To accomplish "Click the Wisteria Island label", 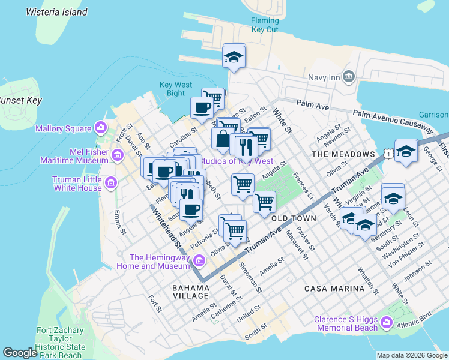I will pyautogui.click(x=58, y=12).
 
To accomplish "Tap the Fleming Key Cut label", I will pyautogui.click(x=265, y=25).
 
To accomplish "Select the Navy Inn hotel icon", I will pyautogui.click(x=350, y=77).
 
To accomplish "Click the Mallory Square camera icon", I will pyautogui.click(x=101, y=127).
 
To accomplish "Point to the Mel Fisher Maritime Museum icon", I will pyautogui.click(x=117, y=156).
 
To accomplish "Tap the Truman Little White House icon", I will pyautogui.click(x=110, y=182).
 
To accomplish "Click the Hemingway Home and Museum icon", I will pyautogui.click(x=199, y=260).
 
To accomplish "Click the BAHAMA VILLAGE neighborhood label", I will pyautogui.click(x=190, y=292).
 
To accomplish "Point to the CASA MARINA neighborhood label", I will pyautogui.click(x=334, y=289).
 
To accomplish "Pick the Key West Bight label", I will pyautogui.click(x=172, y=89).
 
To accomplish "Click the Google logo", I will pyautogui.click(x=20, y=353).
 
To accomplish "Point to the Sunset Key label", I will pyautogui.click(x=19, y=100).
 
